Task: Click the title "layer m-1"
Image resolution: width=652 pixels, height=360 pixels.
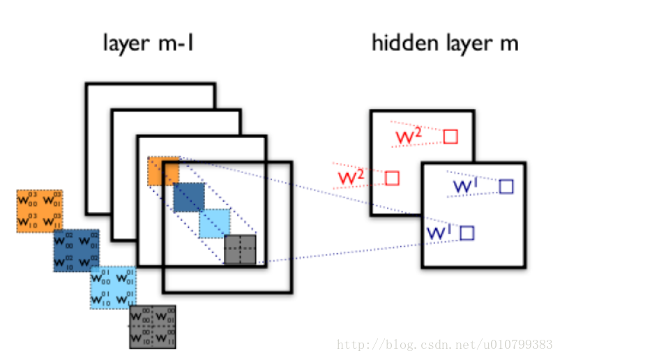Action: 148,44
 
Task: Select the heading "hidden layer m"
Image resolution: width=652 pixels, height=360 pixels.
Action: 444,44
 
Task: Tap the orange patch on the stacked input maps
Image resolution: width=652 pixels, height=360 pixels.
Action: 162,171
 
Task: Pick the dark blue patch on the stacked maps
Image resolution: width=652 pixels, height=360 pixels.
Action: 189,197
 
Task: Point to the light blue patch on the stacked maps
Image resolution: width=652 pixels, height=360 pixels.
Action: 214,224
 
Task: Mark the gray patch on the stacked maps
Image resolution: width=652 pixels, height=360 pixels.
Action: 240,250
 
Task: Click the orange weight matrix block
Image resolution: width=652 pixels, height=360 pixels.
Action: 40,211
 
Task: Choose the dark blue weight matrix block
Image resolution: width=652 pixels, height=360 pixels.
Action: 76,250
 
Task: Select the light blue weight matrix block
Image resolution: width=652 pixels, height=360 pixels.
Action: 113,287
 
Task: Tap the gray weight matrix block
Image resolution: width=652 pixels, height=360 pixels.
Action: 152,327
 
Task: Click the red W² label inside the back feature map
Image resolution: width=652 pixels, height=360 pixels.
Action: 409,136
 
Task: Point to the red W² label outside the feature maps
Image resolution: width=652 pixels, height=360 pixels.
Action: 351,178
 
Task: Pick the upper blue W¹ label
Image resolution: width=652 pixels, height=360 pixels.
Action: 465,186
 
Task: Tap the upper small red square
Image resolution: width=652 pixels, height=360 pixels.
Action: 450,137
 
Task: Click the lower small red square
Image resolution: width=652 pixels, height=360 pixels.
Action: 392,179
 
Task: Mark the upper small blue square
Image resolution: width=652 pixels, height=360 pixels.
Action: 506,186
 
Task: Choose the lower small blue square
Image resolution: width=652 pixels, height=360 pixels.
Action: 467,233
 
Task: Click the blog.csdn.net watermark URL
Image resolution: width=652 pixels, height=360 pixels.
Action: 445,345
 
